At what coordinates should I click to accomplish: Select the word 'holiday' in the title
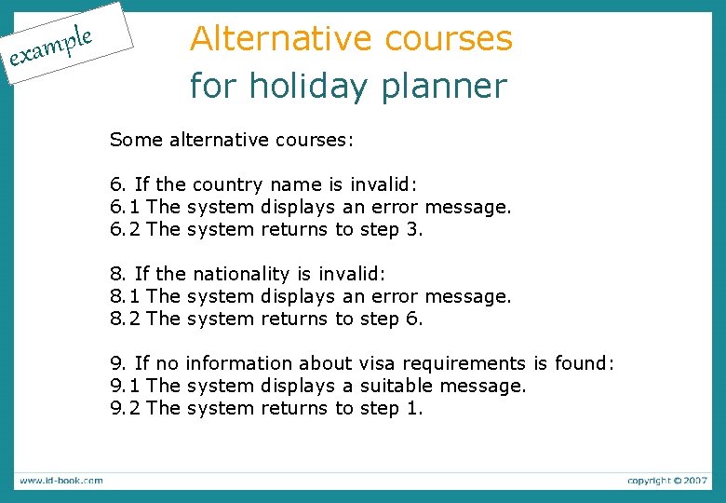click(300, 87)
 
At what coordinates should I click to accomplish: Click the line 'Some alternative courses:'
click(232, 140)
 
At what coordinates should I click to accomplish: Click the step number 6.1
click(125, 207)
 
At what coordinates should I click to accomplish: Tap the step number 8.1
click(125, 296)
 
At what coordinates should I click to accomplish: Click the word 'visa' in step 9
click(370, 363)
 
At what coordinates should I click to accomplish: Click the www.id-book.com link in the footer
click(61, 481)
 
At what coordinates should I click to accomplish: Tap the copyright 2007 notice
click(666, 481)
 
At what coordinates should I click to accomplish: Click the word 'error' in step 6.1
click(395, 207)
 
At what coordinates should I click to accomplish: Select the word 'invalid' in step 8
click(350, 274)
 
